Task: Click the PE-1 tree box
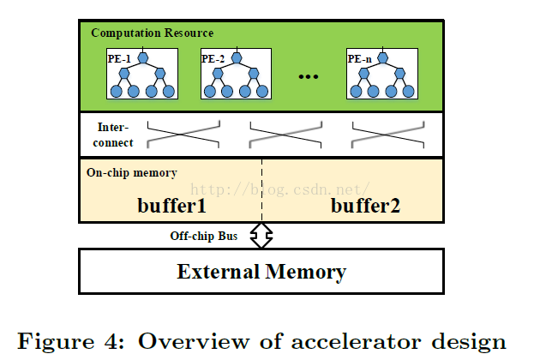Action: (x=142, y=75)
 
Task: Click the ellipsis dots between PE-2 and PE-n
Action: (x=309, y=77)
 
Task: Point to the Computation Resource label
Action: (x=153, y=33)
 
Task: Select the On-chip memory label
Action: (x=132, y=172)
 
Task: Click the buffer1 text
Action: (x=172, y=205)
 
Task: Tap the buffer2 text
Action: (x=365, y=205)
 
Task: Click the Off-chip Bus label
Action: (x=203, y=236)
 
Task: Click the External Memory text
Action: (x=261, y=273)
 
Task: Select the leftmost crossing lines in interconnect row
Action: (x=183, y=135)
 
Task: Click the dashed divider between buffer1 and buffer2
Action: (x=261, y=189)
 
